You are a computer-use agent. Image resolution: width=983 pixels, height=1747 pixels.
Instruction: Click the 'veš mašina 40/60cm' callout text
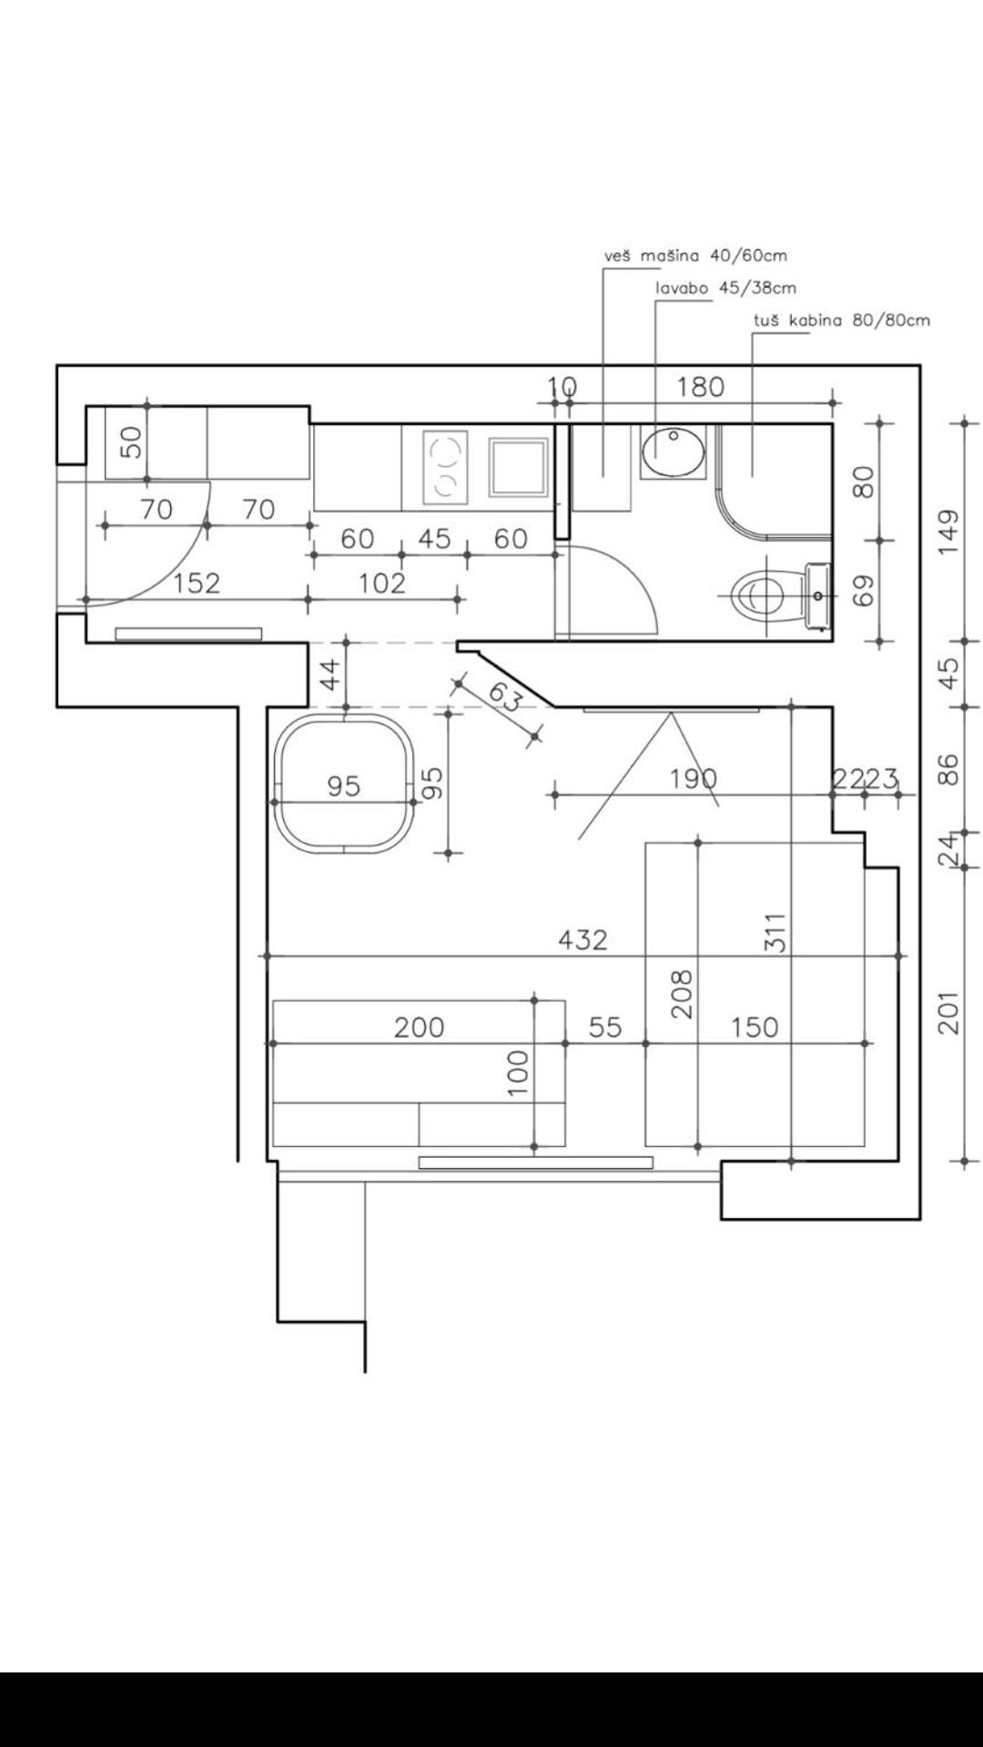coord(695,256)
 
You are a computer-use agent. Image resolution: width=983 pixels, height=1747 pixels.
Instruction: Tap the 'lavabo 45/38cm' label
coord(726,289)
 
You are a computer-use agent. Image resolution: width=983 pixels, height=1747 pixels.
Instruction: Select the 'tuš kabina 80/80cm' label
coord(842,320)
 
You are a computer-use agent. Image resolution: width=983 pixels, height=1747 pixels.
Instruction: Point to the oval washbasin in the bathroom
coord(674,449)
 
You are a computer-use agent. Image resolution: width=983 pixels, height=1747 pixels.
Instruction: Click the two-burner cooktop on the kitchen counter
coord(445,468)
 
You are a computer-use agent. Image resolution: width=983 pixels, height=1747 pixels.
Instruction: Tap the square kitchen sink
coord(519,467)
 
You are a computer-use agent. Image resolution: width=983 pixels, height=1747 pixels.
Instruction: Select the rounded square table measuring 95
coord(345,783)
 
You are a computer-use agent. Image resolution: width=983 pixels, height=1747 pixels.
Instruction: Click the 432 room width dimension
coord(583,940)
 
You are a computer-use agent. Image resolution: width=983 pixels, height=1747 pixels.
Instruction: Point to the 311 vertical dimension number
coord(775,933)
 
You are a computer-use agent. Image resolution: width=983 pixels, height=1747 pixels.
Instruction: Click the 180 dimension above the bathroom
coord(700,387)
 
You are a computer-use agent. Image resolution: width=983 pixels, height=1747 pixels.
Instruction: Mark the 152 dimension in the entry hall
coord(197,583)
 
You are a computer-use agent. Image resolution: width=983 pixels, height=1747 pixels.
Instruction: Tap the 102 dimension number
coord(381,583)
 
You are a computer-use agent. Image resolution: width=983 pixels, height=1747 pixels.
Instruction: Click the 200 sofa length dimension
coord(419,1028)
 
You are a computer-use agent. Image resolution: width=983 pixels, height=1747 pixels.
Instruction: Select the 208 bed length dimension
coord(682,994)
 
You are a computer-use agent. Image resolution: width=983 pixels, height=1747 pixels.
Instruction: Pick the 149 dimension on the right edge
coord(948,533)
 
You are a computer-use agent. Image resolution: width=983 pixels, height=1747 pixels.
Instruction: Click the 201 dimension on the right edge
coord(948,1012)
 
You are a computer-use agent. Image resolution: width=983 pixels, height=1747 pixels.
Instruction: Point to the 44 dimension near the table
coord(331,675)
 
